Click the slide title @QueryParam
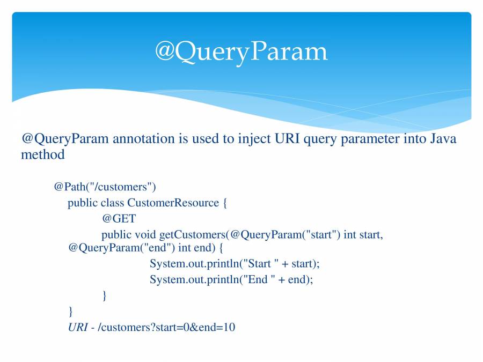(241, 52)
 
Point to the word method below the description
(43, 154)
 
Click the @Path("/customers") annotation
(105, 187)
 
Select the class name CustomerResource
(173, 203)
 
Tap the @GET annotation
(119, 219)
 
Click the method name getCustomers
(193, 235)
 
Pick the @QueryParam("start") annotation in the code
(286, 235)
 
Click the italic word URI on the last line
(78, 327)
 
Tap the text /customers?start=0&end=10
(166, 327)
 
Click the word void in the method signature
(145, 235)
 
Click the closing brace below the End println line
(105, 295)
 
